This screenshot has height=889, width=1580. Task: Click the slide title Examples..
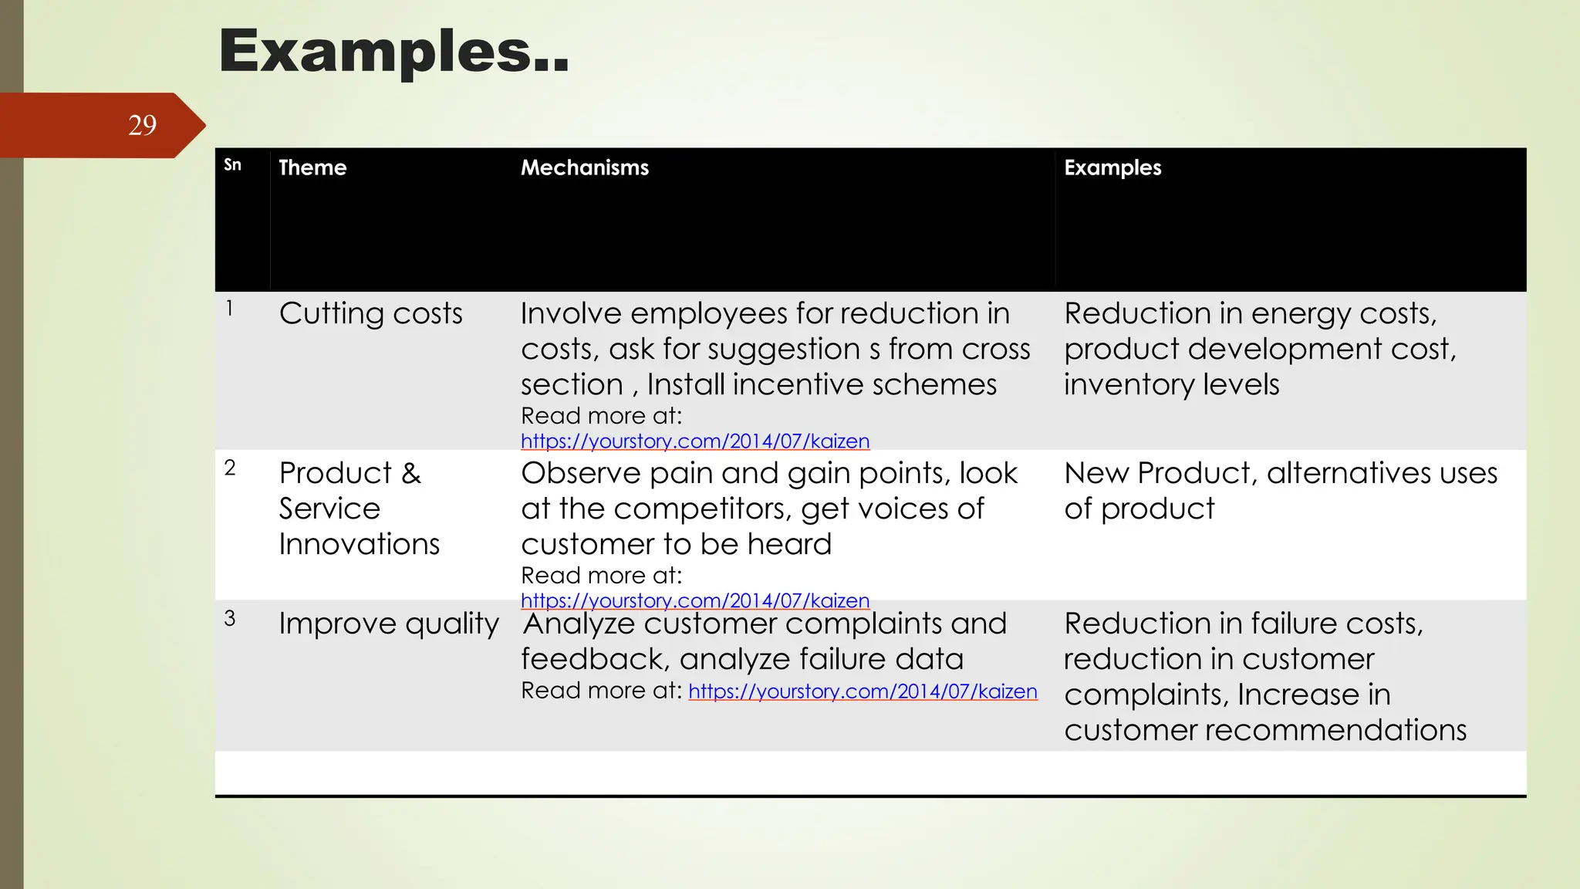[x=393, y=51]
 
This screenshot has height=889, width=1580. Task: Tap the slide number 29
[x=142, y=125]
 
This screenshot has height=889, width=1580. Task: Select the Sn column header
[x=232, y=165]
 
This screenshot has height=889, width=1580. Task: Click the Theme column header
[x=312, y=167]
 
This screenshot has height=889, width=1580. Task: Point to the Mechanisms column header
[x=584, y=167]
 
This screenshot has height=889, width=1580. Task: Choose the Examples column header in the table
[x=1112, y=167]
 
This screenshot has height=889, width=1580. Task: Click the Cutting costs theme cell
[x=370, y=314]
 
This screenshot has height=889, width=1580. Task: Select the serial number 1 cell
[x=229, y=309]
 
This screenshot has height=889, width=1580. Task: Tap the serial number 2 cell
[x=230, y=468]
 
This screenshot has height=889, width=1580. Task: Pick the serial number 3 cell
[x=230, y=618]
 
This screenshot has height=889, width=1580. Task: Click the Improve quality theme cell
[x=388, y=624]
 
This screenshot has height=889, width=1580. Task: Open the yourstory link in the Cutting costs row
[x=694, y=441]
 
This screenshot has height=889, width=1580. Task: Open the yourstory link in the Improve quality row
[x=863, y=691]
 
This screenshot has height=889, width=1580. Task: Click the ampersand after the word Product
[x=411, y=473]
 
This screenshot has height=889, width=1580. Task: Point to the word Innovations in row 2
[x=359, y=545]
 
